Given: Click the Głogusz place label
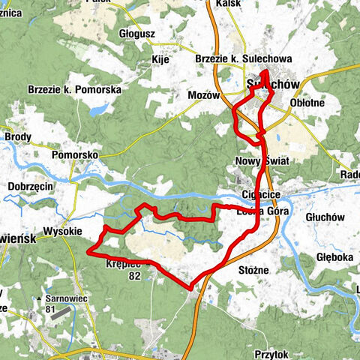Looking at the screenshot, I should click(136, 33).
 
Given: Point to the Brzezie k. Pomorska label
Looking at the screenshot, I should click(74, 89).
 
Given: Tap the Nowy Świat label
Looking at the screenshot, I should click(262, 160).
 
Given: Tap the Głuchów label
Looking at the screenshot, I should click(325, 217).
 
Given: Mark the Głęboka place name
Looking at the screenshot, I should click(334, 256).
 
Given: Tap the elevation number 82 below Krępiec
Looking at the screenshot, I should click(134, 276).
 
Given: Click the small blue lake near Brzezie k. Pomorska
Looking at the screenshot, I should click(97, 110).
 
